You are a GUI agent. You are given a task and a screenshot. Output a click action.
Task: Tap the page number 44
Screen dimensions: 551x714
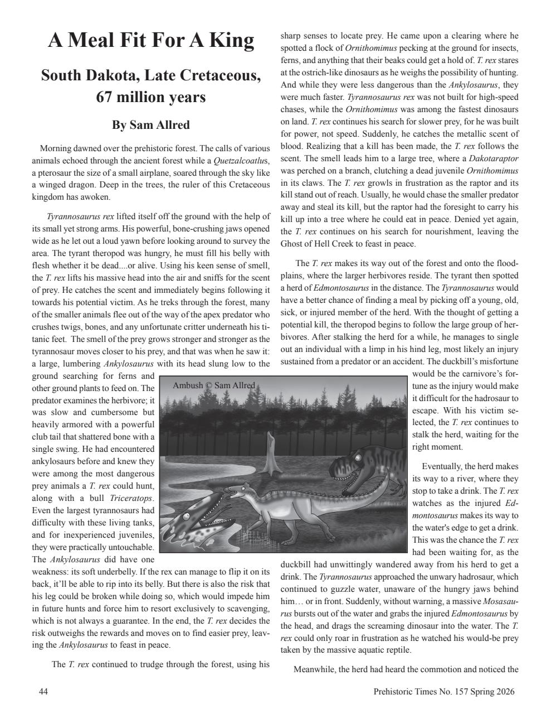click(x=43, y=692)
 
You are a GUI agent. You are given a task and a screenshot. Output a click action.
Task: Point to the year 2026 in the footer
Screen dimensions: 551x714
click(x=505, y=692)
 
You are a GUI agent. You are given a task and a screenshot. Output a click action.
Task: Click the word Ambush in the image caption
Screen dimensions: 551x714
click(x=188, y=385)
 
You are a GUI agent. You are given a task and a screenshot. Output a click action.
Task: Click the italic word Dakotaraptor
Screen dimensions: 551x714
click(x=493, y=158)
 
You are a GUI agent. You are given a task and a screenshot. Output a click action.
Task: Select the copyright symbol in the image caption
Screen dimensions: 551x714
click(x=209, y=385)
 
